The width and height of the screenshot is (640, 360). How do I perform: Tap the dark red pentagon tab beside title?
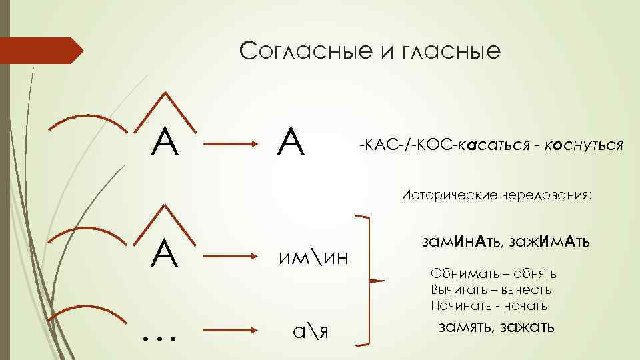(x=40, y=51)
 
